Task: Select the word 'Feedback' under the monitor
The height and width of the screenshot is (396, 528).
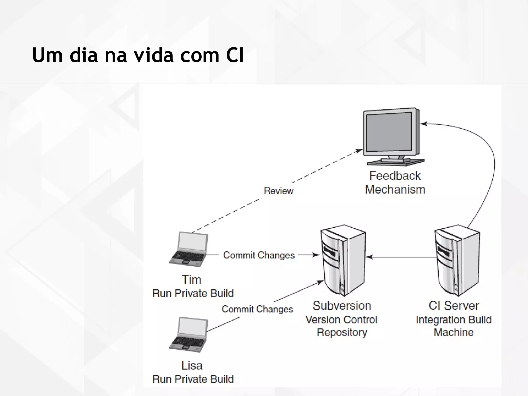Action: click(395, 176)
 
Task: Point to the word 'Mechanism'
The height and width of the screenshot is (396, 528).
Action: click(395, 190)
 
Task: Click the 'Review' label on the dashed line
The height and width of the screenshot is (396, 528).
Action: click(278, 191)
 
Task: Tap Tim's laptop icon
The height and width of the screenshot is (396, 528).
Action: click(189, 249)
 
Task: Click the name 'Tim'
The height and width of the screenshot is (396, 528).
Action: click(191, 280)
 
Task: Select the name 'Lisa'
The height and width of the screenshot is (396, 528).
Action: click(192, 366)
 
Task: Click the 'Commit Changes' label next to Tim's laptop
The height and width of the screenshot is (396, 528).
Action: click(259, 255)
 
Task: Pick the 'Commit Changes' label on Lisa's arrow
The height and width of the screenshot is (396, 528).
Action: click(257, 309)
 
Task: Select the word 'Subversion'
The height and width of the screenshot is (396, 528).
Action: click(342, 306)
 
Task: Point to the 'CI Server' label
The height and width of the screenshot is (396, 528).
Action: click(454, 306)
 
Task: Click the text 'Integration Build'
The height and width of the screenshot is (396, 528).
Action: click(454, 320)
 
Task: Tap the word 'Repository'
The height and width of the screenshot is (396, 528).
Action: click(342, 333)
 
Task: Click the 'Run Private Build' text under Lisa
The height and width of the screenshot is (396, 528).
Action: click(193, 379)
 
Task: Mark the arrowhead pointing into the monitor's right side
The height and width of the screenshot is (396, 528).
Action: click(423, 124)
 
